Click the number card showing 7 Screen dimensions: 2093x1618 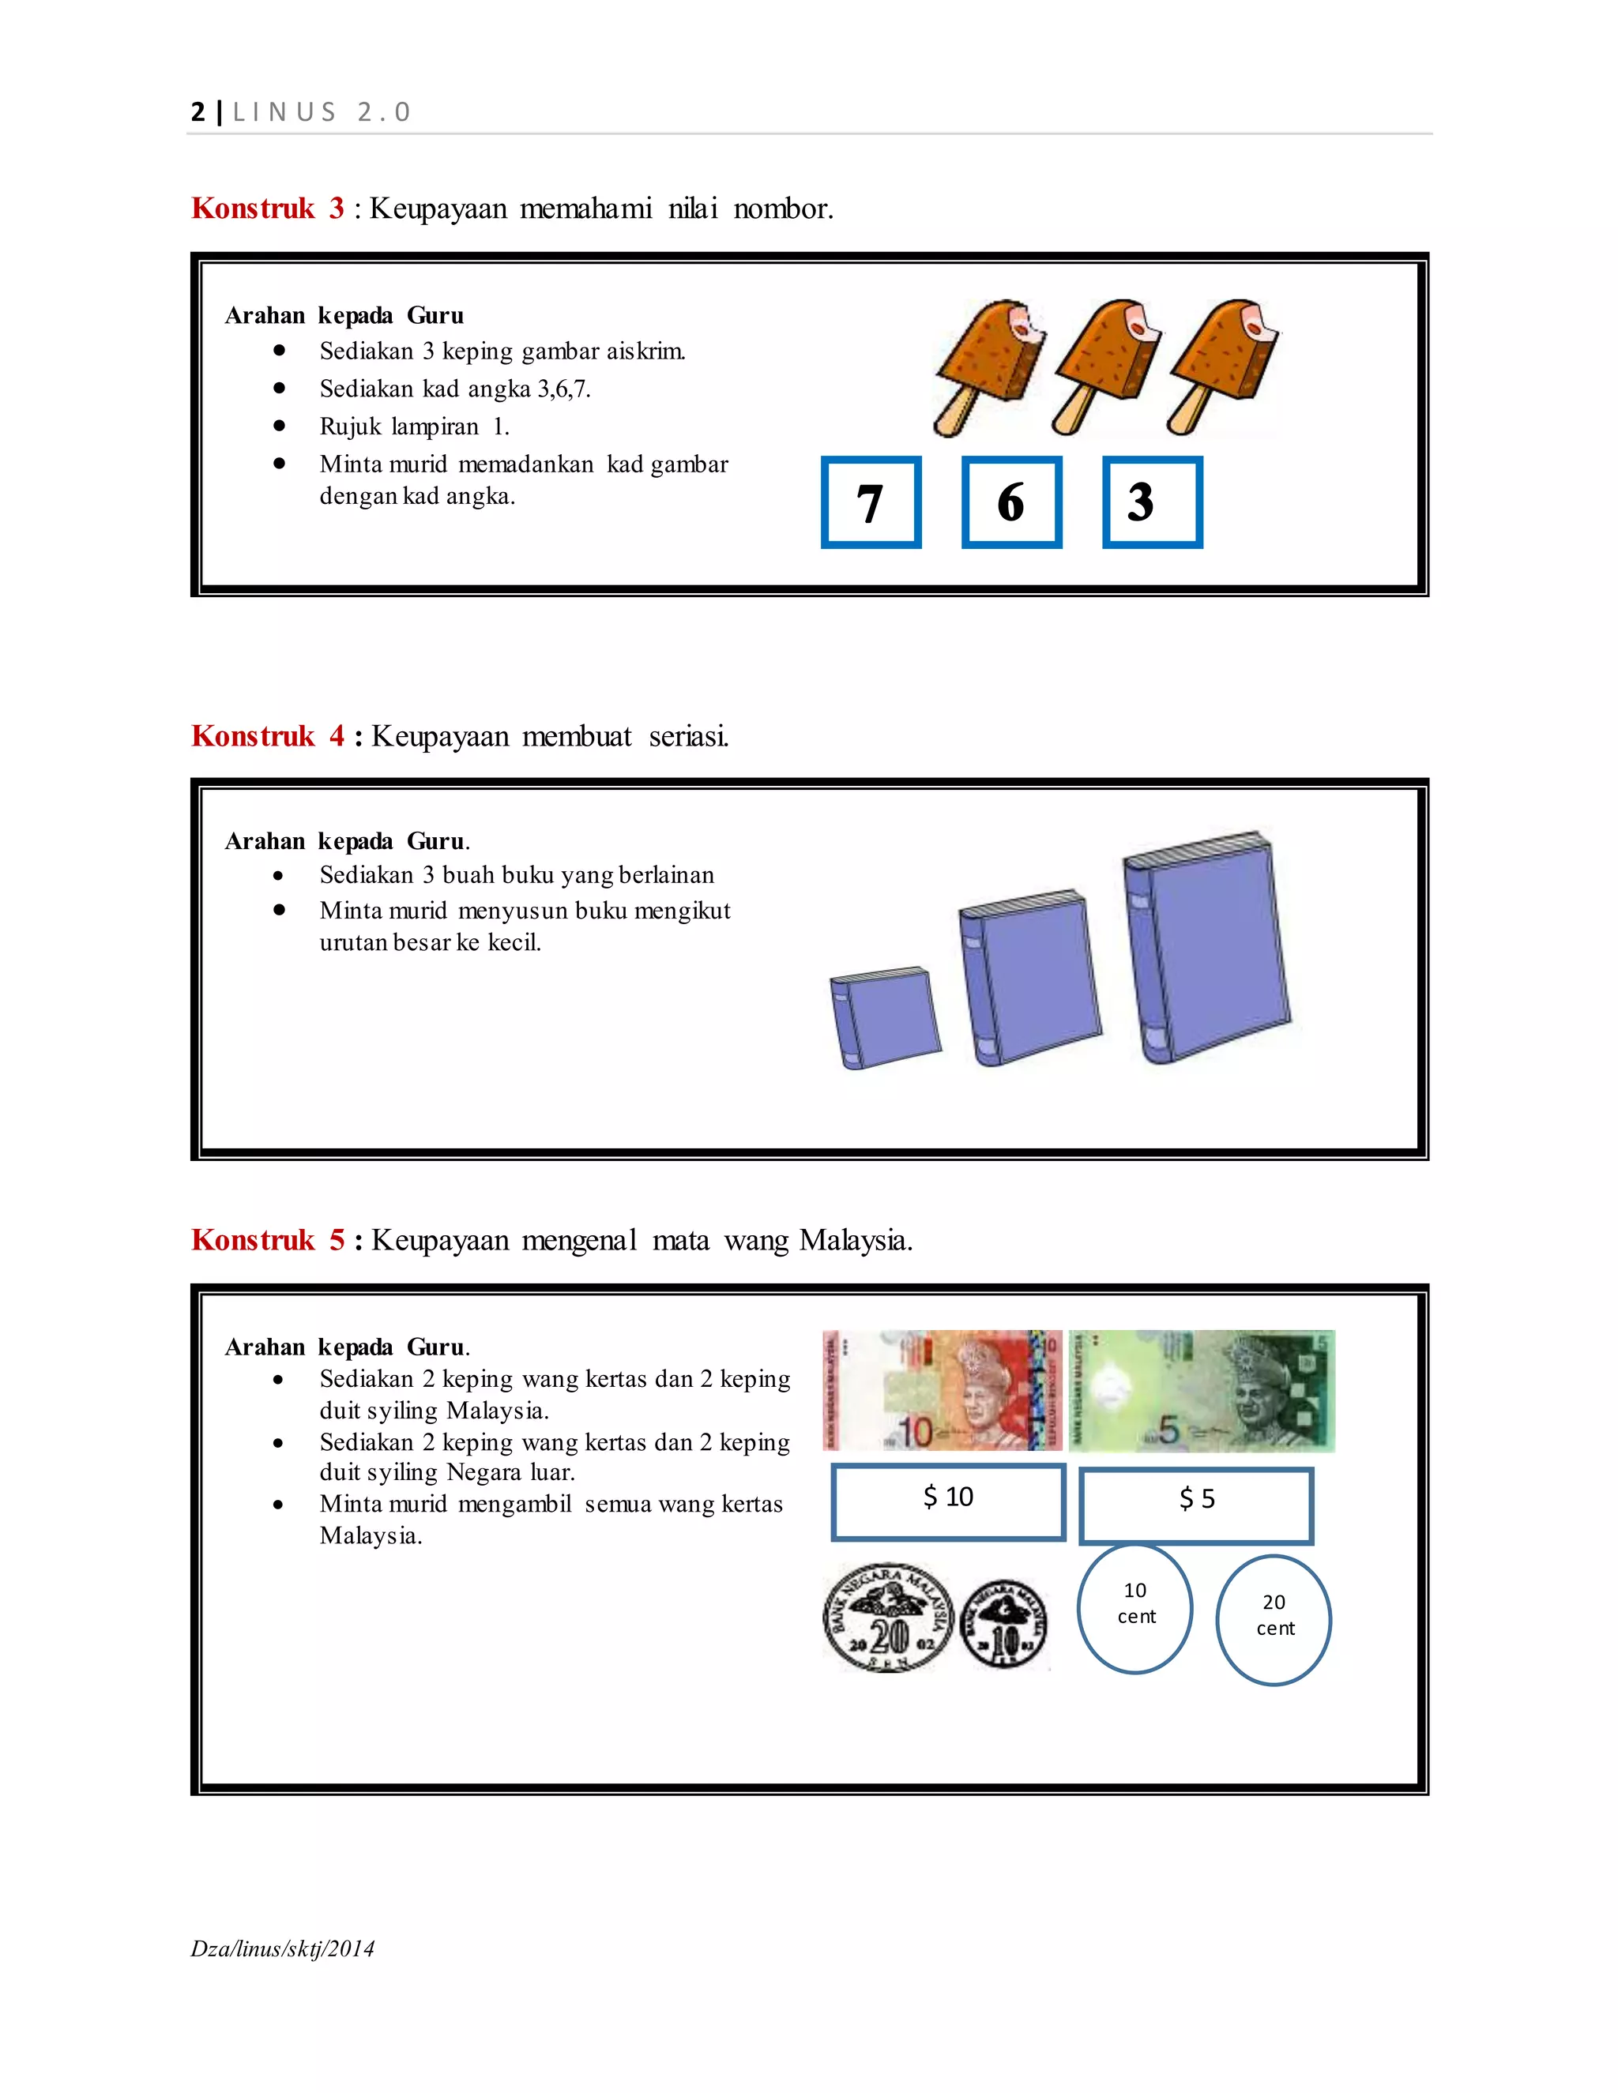(871, 502)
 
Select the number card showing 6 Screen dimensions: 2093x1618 (1011, 502)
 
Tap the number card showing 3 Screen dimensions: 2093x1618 (1151, 502)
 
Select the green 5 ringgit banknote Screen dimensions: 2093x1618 (1201, 1389)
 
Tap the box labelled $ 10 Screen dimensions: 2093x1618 (948, 1501)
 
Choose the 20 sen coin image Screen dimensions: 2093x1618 (887, 1618)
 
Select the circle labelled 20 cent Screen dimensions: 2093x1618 (1274, 1620)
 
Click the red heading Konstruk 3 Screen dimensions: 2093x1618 (268, 209)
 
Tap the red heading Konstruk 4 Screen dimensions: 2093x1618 (268, 736)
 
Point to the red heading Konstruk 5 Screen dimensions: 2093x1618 (268, 1240)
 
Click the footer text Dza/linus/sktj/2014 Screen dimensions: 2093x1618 (283, 1948)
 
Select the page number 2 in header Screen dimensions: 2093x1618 (198, 112)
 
